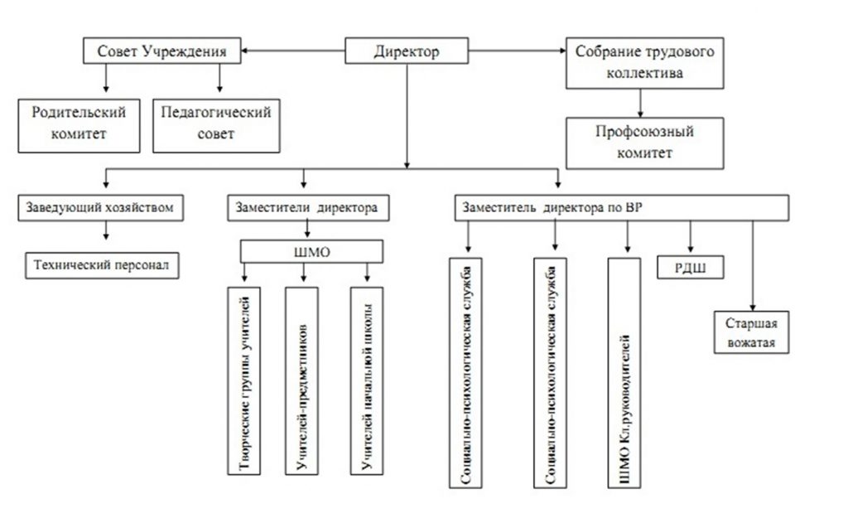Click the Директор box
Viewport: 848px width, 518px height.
point(406,52)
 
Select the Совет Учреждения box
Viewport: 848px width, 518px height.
point(164,52)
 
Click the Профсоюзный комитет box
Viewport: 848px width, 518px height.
point(643,142)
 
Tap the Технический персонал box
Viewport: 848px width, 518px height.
point(103,266)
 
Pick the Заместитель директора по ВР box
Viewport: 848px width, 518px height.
point(621,208)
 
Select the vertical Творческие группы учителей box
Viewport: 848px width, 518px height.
point(246,380)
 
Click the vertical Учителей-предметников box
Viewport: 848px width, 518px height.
point(301,380)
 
